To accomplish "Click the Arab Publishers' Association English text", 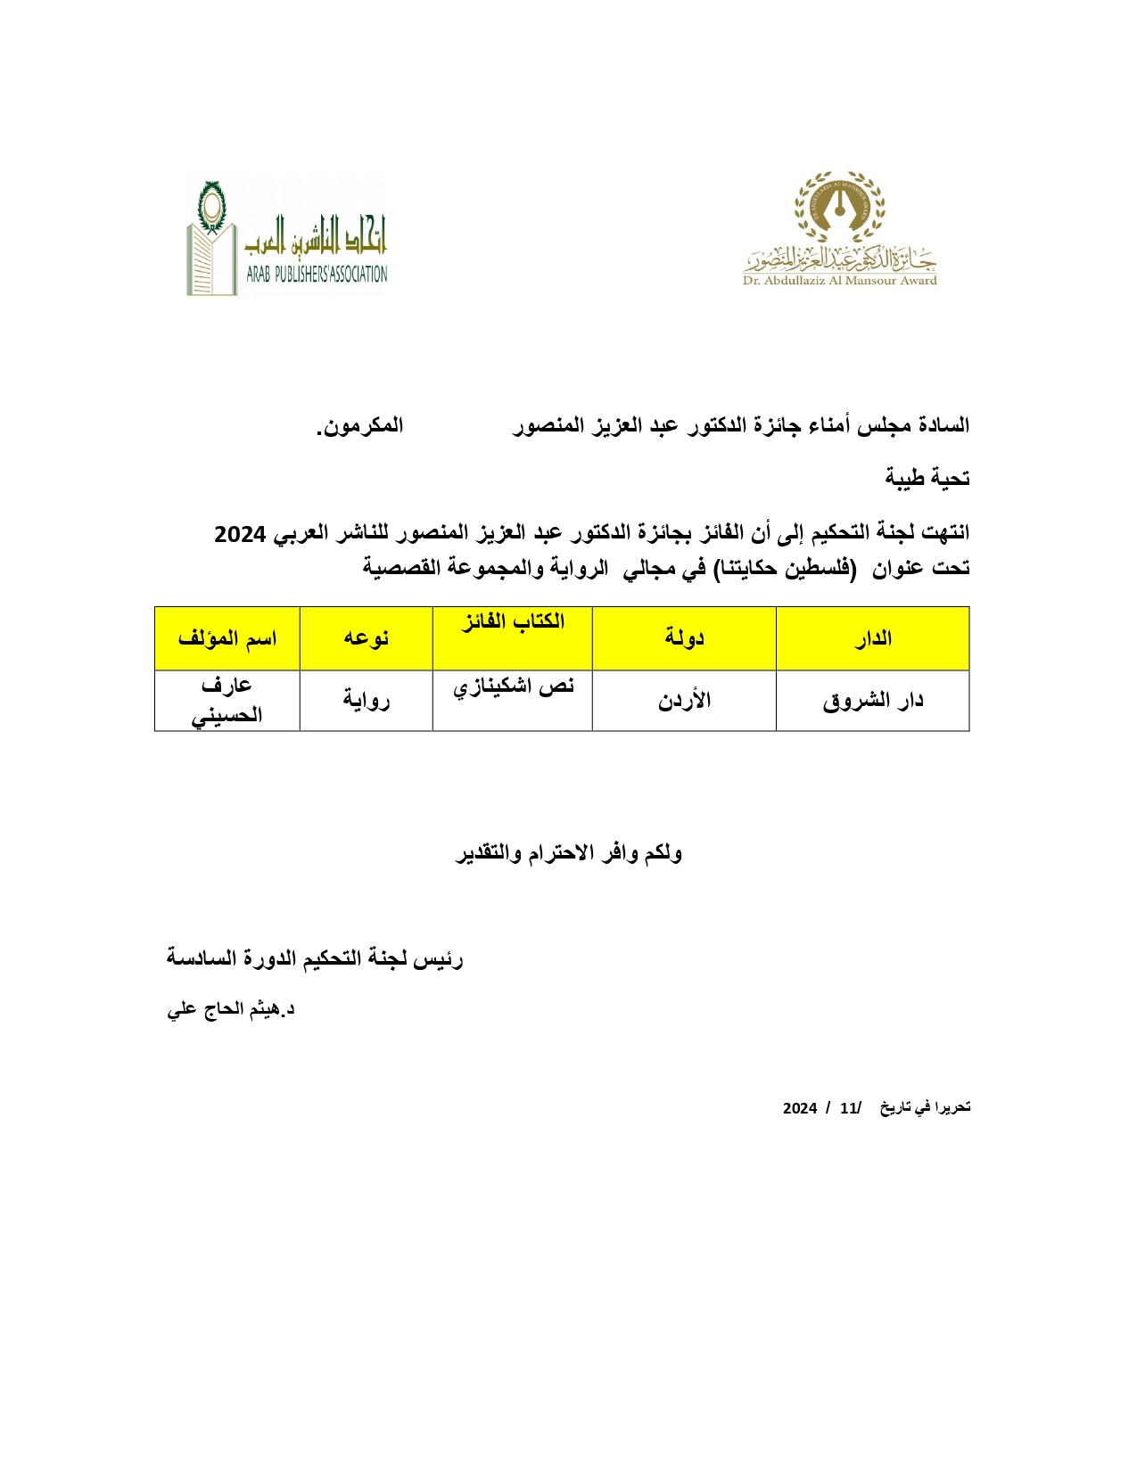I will (x=317, y=275).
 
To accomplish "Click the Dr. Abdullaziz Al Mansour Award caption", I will (x=839, y=281).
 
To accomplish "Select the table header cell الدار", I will (x=872, y=638).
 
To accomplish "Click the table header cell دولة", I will (x=684, y=638).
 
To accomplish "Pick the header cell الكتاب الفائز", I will (x=513, y=622).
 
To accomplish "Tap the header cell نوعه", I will (x=366, y=638).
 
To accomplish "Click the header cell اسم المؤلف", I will (x=227, y=638).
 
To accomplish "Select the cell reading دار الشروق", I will (x=872, y=701).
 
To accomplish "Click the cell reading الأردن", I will (x=684, y=701).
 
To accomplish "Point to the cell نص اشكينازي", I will (x=513, y=686).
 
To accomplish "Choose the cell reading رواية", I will (x=366, y=701).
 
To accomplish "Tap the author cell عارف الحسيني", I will (x=227, y=700).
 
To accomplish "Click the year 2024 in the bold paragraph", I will (x=241, y=535).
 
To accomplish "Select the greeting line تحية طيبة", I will (x=927, y=479).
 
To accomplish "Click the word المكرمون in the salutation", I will (x=360, y=426).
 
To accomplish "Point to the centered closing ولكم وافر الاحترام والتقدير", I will (x=569, y=853).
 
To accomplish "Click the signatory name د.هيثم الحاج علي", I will (x=231, y=1009).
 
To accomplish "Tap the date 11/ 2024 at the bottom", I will (x=821, y=1108).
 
